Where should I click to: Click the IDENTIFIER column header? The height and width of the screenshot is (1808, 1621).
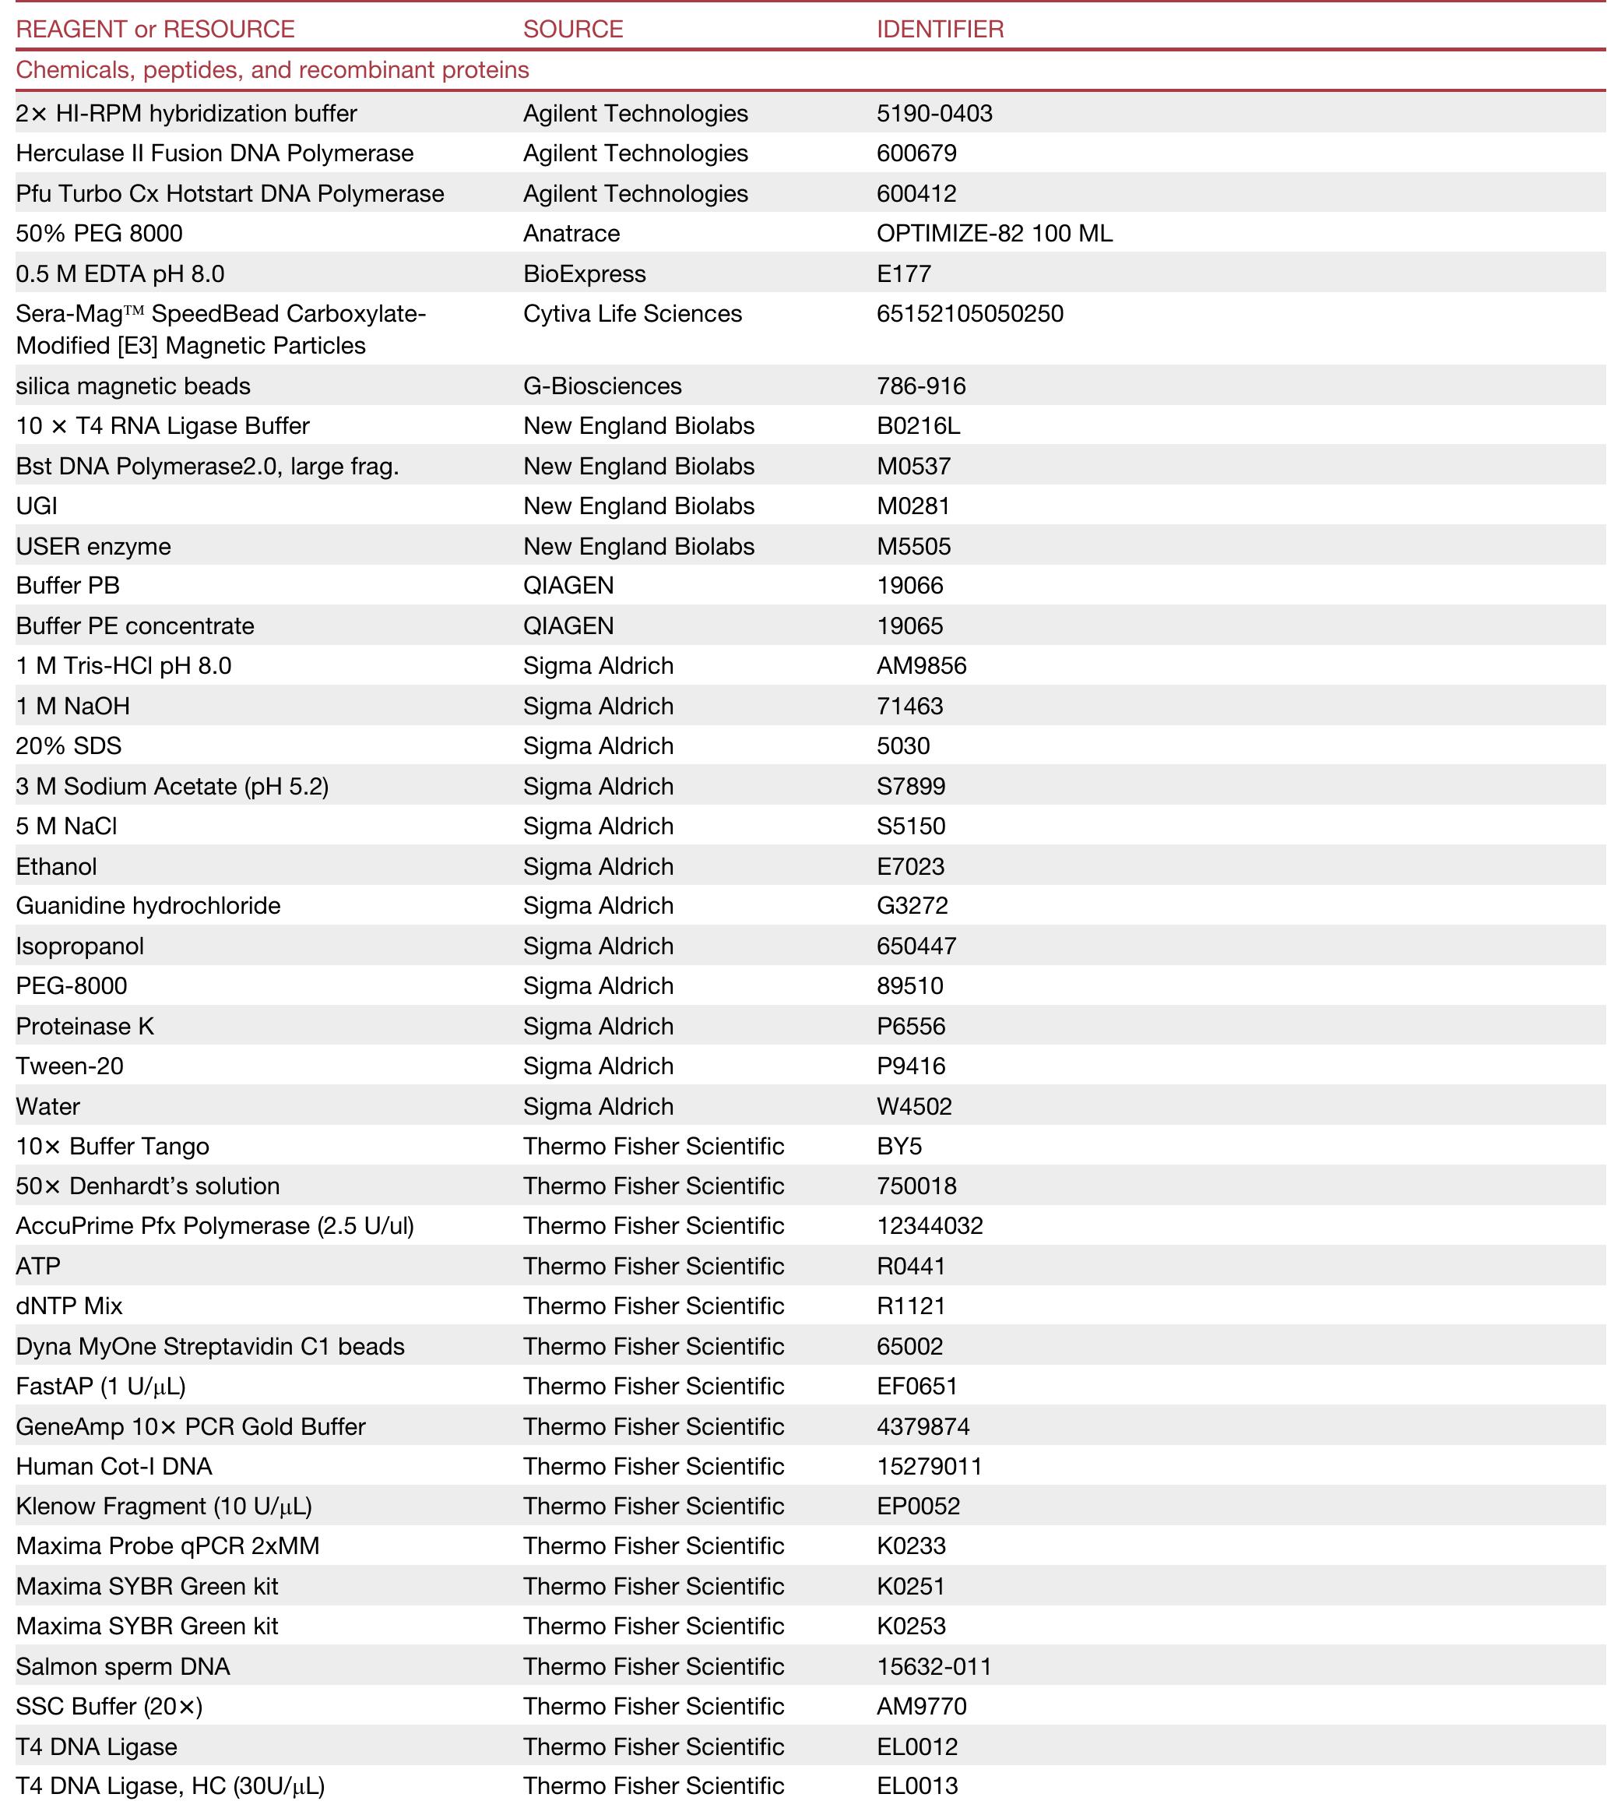pos(940,30)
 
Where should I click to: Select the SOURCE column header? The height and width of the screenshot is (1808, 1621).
pos(573,30)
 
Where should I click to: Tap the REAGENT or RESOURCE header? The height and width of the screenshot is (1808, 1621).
pos(155,30)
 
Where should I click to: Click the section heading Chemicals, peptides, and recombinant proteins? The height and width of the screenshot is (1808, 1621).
pos(273,70)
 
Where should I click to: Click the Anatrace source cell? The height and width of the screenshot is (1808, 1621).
pos(571,234)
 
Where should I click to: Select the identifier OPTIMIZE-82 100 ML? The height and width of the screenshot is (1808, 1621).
pos(994,234)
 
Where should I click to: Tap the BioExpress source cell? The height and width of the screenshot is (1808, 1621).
pos(584,273)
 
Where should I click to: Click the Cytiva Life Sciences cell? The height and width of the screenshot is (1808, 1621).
pos(632,314)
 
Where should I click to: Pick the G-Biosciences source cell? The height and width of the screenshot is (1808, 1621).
pos(602,386)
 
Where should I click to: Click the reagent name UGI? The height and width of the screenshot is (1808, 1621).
pos(37,506)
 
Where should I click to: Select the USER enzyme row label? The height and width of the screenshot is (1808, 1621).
pos(93,546)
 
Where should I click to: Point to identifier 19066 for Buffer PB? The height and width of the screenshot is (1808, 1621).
pos(909,586)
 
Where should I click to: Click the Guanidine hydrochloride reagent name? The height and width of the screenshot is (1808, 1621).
pos(148,906)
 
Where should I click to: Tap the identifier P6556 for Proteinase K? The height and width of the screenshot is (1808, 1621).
pos(911,1027)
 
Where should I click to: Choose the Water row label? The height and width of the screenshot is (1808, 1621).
pos(48,1107)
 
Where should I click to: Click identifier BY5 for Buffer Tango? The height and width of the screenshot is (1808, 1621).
pos(898,1146)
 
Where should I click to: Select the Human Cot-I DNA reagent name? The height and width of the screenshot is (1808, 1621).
pos(114,1467)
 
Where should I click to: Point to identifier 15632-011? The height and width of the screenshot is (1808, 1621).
pos(934,1667)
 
